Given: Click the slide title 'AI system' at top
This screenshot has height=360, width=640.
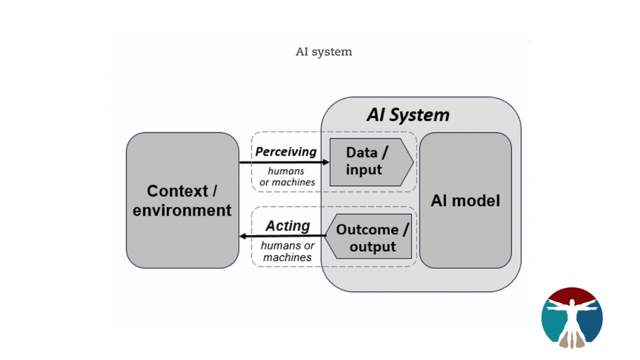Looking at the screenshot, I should pyautogui.click(x=324, y=52).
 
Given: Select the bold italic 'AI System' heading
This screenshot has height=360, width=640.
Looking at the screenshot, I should pyautogui.click(x=407, y=115).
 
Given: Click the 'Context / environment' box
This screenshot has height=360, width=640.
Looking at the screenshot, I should pyautogui.click(x=182, y=200).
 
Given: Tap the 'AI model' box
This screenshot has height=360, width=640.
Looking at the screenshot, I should pyautogui.click(x=465, y=200).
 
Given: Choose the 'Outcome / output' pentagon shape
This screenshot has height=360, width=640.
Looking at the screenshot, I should pyautogui.click(x=370, y=238).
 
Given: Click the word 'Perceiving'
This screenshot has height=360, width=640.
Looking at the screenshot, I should pyautogui.click(x=286, y=151).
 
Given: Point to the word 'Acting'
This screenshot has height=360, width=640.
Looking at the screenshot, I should pyautogui.click(x=287, y=225).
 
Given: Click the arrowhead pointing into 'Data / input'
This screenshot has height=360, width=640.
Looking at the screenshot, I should pyautogui.click(x=326, y=162).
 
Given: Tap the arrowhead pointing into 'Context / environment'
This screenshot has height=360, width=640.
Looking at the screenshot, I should pyautogui.click(x=243, y=236).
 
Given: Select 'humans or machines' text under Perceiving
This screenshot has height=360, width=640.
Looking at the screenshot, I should pyautogui.click(x=287, y=177).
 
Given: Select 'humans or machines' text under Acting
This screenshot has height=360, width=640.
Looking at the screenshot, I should pyautogui.click(x=287, y=251).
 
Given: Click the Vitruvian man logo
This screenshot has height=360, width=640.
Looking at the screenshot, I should pyautogui.click(x=572, y=317).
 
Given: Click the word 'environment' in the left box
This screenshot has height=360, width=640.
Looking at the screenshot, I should pyautogui.click(x=182, y=210).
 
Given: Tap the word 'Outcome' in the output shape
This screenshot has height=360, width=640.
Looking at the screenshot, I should pyautogui.click(x=367, y=229).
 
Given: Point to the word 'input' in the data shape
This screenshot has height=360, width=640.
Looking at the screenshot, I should pyautogui.click(x=363, y=170).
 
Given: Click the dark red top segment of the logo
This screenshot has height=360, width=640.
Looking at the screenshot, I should pyautogui.click(x=572, y=294).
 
